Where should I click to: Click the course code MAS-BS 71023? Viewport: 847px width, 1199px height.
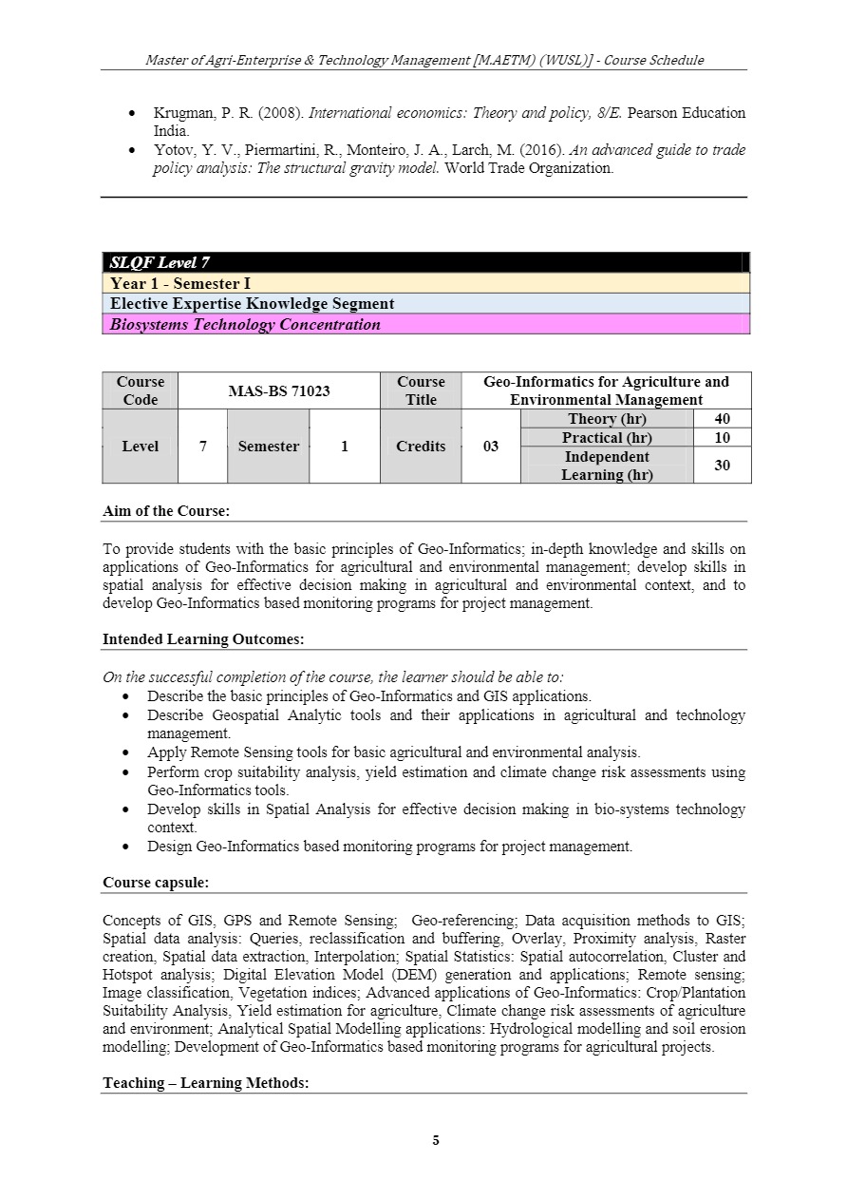click(x=278, y=390)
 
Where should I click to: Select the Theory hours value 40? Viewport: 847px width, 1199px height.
click(x=722, y=419)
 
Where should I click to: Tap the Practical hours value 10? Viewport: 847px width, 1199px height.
click(x=722, y=438)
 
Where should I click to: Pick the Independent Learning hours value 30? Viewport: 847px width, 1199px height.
click(x=722, y=466)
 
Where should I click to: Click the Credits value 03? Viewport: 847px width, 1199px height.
click(x=490, y=447)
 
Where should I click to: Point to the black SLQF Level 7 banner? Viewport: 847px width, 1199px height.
click(x=425, y=263)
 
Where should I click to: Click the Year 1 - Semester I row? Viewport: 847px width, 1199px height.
click(x=425, y=283)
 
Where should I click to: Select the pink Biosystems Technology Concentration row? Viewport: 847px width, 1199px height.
click(x=425, y=324)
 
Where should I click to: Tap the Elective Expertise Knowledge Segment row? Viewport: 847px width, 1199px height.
click(x=425, y=304)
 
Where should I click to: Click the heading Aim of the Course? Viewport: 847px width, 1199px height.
click(x=166, y=511)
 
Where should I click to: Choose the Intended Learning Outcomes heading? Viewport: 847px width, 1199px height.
click(x=203, y=639)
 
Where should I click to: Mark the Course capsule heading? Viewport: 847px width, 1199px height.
click(x=156, y=883)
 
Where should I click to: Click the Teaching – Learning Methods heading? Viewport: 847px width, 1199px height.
click(x=206, y=1083)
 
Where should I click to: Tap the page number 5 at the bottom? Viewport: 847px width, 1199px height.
click(x=436, y=1141)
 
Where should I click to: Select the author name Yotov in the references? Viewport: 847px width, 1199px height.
click(x=172, y=150)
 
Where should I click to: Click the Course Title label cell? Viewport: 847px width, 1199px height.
click(x=421, y=390)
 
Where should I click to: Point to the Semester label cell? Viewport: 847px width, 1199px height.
click(x=268, y=447)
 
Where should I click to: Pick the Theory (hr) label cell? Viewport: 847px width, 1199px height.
click(x=607, y=419)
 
